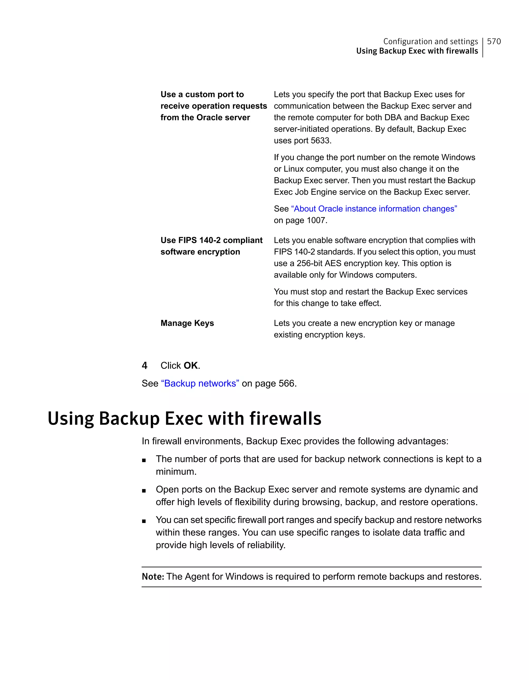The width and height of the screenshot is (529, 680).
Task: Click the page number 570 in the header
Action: point(494,41)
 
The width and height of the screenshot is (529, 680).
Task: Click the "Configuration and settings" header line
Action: point(430,41)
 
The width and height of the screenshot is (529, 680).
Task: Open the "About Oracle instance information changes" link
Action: point(374,209)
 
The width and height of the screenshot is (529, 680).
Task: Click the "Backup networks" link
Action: point(200,383)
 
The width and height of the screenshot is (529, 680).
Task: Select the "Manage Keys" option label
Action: point(187,323)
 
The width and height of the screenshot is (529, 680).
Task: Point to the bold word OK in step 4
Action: point(191,365)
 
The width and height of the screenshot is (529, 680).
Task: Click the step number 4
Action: point(144,365)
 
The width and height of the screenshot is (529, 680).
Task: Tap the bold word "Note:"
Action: point(153,577)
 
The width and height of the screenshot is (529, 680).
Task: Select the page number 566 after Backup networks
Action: point(286,383)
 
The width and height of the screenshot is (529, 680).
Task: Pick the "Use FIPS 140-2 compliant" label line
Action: point(211,240)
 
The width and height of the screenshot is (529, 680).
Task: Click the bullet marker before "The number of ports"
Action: point(144,460)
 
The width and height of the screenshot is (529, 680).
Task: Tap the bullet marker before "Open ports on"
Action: point(144,491)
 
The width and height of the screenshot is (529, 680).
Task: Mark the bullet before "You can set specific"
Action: point(144,521)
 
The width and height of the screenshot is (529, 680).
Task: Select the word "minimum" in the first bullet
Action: point(175,472)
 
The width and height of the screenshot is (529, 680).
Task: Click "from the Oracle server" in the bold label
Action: point(205,118)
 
